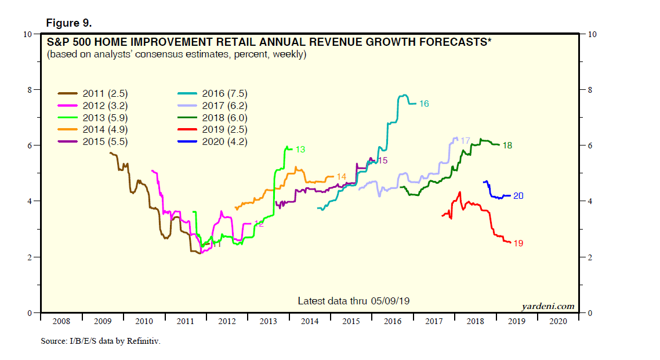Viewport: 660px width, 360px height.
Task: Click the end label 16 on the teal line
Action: coord(424,103)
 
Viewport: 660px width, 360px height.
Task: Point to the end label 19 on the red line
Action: coord(518,243)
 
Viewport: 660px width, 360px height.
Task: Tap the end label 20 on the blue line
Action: coord(518,196)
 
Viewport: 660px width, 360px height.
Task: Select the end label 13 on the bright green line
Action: coord(300,150)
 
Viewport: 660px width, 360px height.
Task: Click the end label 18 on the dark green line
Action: coord(507,146)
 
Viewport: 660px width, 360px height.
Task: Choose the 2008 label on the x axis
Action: coord(61,321)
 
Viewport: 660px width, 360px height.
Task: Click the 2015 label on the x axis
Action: coord(351,321)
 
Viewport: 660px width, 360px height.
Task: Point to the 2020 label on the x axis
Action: coord(558,321)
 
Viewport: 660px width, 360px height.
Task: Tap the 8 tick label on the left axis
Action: coord(30,90)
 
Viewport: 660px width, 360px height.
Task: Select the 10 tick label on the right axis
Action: coord(592,34)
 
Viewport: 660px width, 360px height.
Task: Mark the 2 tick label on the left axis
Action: coord(30,257)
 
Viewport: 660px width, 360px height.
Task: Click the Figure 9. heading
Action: coord(69,23)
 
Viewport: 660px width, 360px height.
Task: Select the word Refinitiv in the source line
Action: coord(141,341)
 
